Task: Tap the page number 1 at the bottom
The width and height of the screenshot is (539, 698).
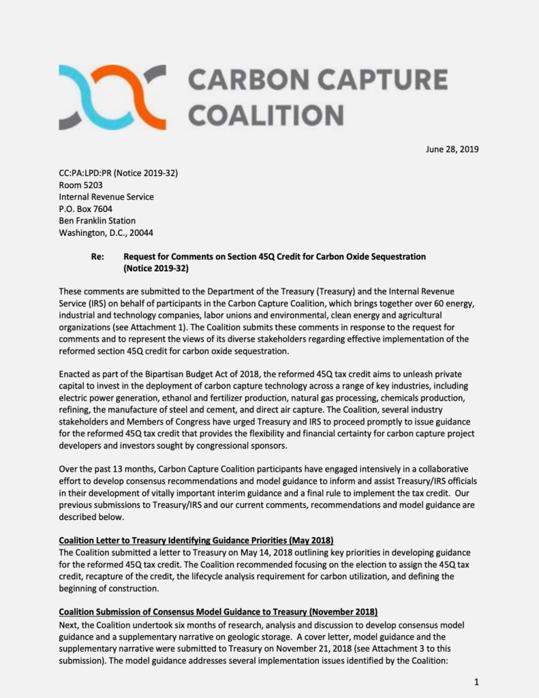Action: (x=476, y=681)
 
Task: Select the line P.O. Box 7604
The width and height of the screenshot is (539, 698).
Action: (x=86, y=209)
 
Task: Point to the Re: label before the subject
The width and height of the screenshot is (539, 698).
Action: (x=97, y=257)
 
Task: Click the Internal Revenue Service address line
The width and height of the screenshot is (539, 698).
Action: (x=106, y=197)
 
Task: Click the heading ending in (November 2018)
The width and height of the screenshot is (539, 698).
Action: (x=218, y=611)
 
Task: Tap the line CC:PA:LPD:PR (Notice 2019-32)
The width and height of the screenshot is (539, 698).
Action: (x=119, y=173)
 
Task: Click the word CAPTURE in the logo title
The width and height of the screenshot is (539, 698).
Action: (x=385, y=80)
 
